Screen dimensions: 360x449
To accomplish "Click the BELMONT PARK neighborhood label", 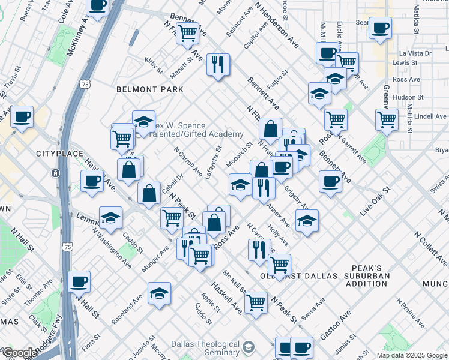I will [149, 89].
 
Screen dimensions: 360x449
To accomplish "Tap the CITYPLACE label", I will [59, 154].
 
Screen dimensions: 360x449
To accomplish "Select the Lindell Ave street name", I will [431, 116].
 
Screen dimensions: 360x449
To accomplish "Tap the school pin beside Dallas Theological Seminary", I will [248, 347].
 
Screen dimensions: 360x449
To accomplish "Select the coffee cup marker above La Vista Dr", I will [379, 28].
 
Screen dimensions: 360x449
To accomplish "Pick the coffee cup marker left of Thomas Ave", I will [79, 281].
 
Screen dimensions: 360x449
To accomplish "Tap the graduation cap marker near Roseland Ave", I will [159, 293].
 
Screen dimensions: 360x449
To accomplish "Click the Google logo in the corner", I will [19, 353].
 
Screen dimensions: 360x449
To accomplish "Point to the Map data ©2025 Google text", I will [411, 355].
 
